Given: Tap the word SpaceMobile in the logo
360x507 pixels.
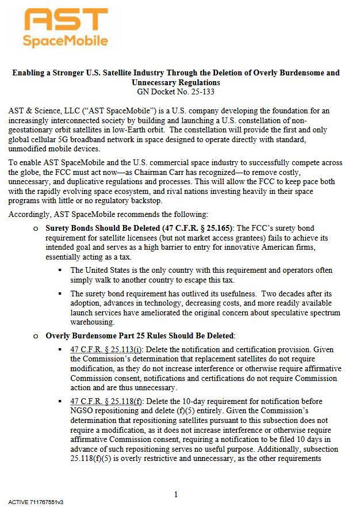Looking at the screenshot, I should pos(65,41).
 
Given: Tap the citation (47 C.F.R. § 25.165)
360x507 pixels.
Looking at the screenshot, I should pos(194,228).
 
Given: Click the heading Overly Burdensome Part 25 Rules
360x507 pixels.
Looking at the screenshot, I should pos(139,336).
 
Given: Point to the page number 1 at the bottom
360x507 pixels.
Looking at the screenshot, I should pos(175,494).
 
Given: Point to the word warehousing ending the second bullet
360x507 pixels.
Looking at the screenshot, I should pos(94,322).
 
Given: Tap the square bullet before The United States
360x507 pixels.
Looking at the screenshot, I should pos(61,270).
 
